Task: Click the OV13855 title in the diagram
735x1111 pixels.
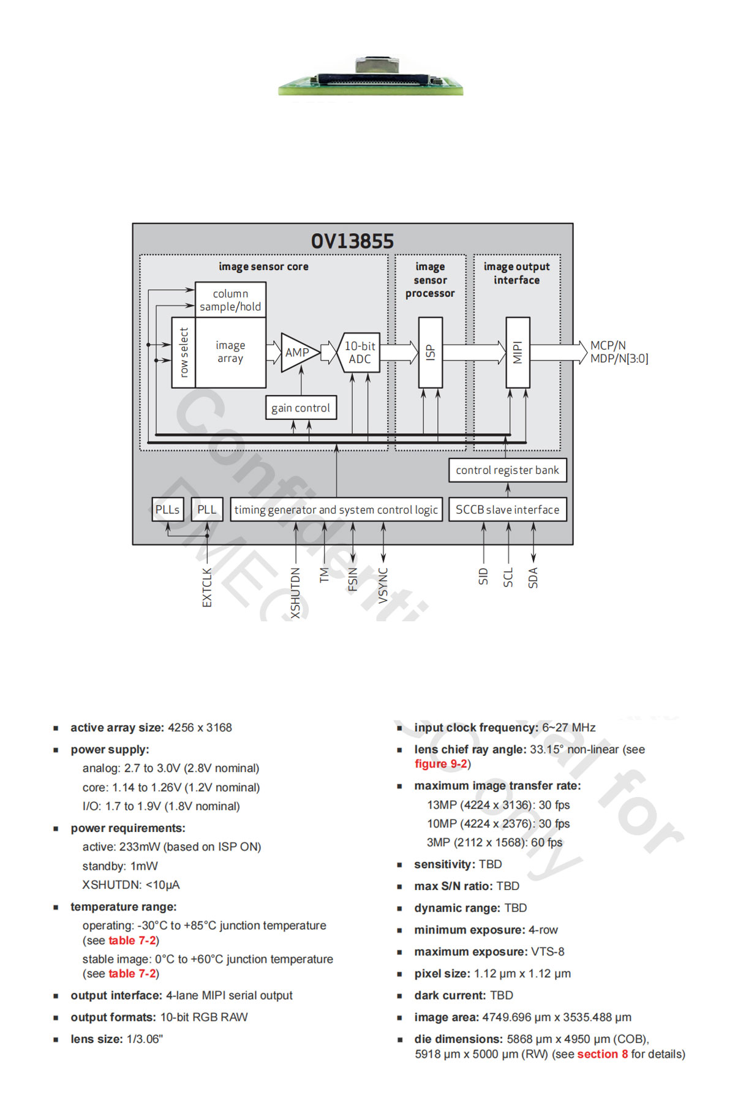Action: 352,241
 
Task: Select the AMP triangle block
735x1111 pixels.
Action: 298,353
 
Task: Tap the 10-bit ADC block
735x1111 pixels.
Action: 360,353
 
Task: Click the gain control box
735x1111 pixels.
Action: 301,408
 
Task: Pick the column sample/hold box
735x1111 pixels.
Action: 230,300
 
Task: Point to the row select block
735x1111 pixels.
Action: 184,353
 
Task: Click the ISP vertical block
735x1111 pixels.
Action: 430,353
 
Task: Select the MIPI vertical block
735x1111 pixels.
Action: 518,353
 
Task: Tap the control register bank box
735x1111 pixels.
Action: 507,470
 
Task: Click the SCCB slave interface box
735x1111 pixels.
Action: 507,509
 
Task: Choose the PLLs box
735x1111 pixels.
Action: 167,509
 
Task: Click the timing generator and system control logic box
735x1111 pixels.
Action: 336,509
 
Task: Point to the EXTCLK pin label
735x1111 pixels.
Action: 207,588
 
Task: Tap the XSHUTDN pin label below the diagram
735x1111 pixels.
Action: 296,593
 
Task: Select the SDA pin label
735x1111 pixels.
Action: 533,578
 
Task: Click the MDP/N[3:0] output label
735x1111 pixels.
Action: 619,359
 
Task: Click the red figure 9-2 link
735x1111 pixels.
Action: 441,764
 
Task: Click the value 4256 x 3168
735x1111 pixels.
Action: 200,728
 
